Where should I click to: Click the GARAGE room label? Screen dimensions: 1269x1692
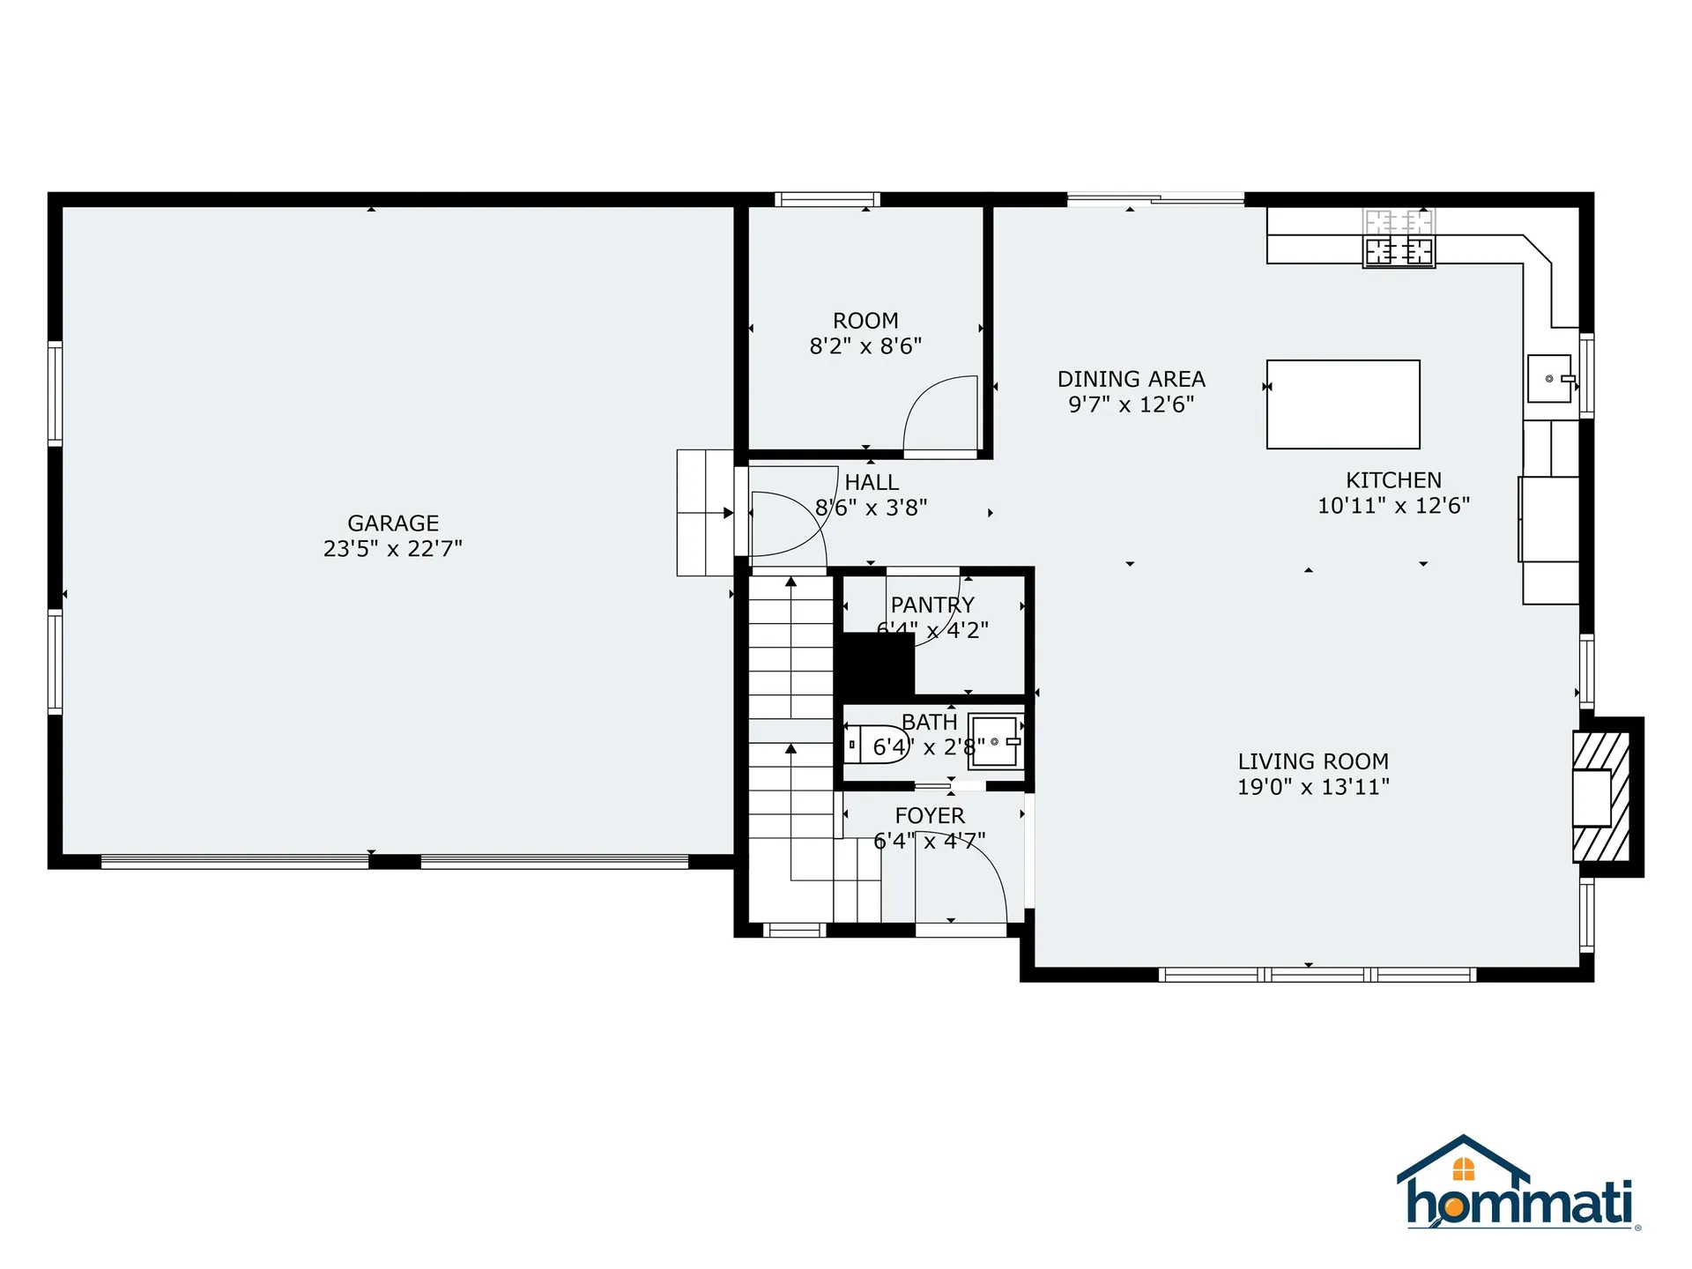click(393, 523)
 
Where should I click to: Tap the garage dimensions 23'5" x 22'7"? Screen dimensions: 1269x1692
click(393, 549)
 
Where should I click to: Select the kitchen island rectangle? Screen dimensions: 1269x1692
click(1342, 404)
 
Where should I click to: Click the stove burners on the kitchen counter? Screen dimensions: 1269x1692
click(1399, 251)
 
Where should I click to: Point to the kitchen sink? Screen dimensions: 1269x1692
click(1549, 378)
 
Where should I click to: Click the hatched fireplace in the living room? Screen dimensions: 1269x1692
click(1602, 798)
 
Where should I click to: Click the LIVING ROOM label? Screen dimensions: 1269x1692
click(1313, 761)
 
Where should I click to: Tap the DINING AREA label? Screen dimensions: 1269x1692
click(1131, 379)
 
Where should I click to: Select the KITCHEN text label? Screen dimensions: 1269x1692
click(1393, 480)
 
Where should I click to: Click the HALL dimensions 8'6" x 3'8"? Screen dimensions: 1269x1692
click(871, 508)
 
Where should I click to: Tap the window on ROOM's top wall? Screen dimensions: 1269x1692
click(827, 199)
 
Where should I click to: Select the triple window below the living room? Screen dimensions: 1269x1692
click(1317, 975)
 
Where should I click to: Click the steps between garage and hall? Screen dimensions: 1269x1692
click(705, 513)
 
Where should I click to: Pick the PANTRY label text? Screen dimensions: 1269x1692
click(932, 605)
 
